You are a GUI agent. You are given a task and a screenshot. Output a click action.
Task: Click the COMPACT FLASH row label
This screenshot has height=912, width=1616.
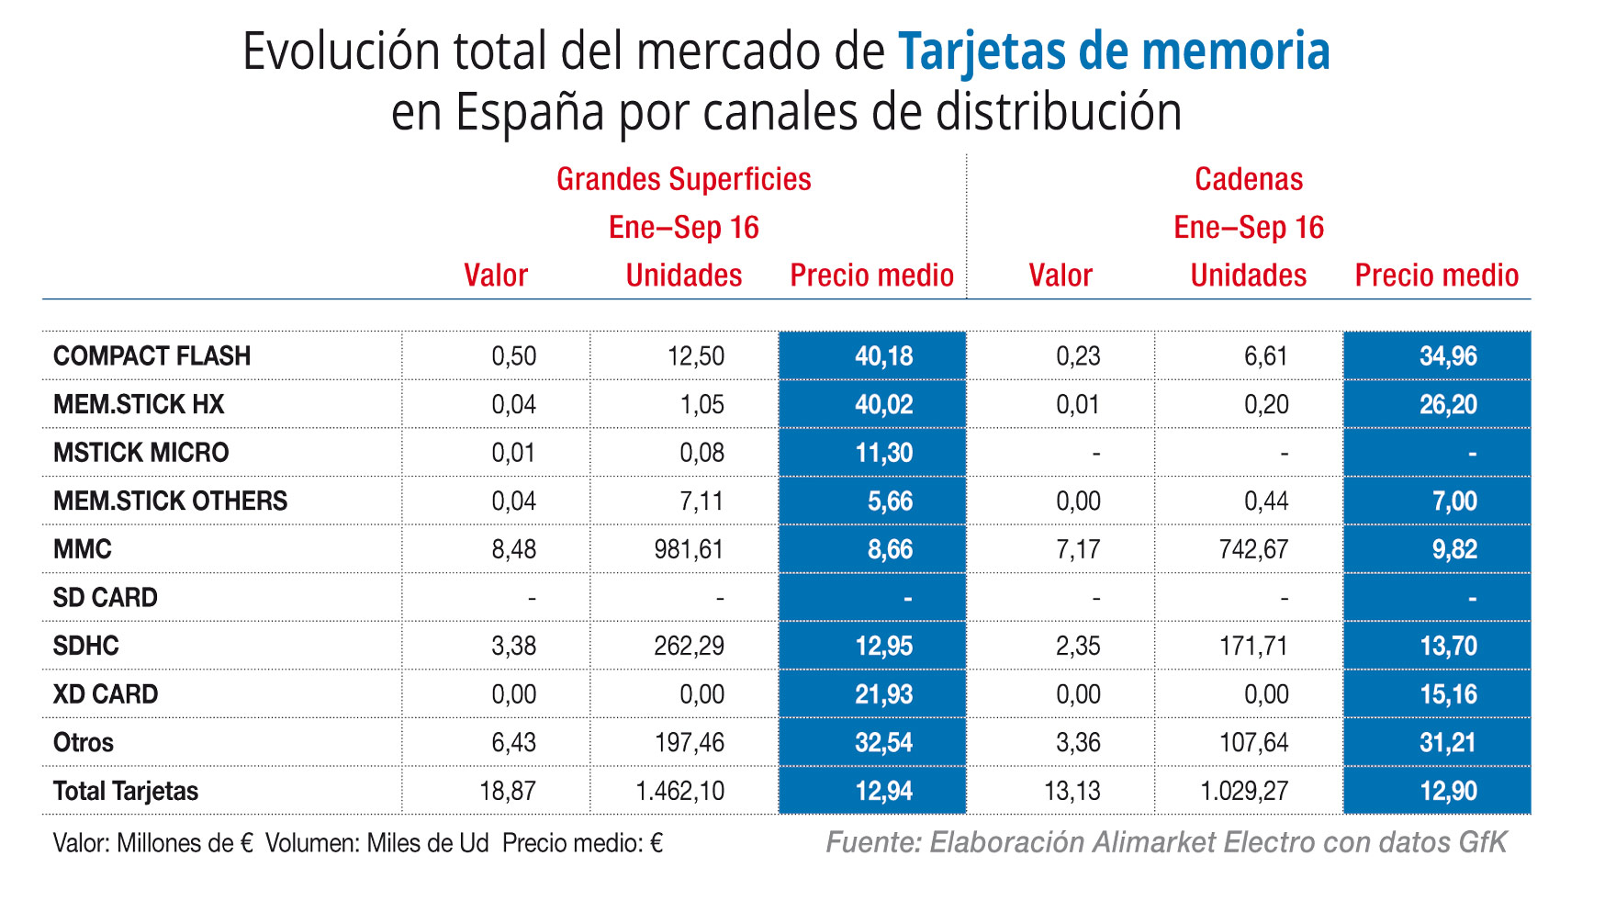[x=151, y=356]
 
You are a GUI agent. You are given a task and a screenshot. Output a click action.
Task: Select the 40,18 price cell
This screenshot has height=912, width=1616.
[x=883, y=356]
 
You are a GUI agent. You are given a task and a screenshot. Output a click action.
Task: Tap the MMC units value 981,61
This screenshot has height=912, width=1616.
[x=689, y=549]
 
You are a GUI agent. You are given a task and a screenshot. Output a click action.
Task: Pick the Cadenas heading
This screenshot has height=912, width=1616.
[x=1249, y=179]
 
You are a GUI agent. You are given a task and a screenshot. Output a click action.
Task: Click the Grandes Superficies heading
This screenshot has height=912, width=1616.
[x=683, y=179]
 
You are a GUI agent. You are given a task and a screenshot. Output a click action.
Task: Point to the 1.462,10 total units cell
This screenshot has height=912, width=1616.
[x=680, y=791]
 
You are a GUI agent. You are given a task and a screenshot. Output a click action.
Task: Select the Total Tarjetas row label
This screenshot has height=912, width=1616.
[x=126, y=791]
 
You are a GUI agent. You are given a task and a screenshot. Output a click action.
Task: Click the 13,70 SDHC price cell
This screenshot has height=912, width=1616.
[x=1448, y=646]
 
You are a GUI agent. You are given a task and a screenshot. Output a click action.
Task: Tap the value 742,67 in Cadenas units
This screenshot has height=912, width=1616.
[x=1253, y=549]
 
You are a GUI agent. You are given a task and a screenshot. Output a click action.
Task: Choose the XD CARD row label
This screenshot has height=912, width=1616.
[x=106, y=694]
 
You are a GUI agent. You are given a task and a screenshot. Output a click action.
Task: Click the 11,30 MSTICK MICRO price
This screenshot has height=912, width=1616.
[x=883, y=453]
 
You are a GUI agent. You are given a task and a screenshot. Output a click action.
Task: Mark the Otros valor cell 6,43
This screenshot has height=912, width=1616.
[x=513, y=742]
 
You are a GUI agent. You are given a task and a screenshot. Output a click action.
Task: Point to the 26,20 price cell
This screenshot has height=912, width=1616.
[x=1448, y=404]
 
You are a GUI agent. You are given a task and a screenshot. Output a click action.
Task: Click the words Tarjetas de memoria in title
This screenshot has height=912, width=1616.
[x=1114, y=51]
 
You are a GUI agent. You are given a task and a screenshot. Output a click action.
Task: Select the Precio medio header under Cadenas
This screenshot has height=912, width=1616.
[x=1436, y=276]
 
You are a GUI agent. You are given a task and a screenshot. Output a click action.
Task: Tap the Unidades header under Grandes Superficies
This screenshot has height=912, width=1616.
[x=683, y=276]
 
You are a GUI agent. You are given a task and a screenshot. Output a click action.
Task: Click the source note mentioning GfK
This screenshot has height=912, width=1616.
[x=1166, y=842]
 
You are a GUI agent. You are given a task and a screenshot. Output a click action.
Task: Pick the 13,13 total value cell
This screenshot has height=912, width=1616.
[x=1072, y=791]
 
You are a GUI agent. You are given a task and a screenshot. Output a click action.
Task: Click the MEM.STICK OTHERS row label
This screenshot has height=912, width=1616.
[x=170, y=501]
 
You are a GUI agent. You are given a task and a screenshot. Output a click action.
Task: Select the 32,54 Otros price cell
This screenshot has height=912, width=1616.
[x=883, y=742]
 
